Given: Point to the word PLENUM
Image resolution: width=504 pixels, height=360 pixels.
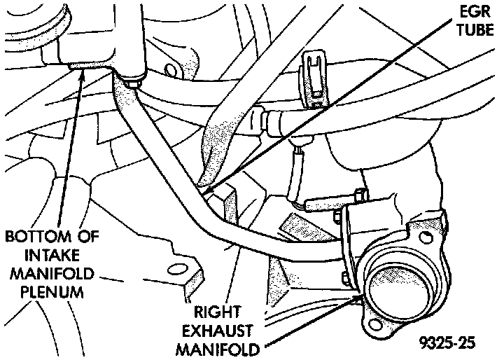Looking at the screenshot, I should tap(43, 291).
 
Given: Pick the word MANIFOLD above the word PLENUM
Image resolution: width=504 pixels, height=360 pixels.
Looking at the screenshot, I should tap(43, 272).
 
